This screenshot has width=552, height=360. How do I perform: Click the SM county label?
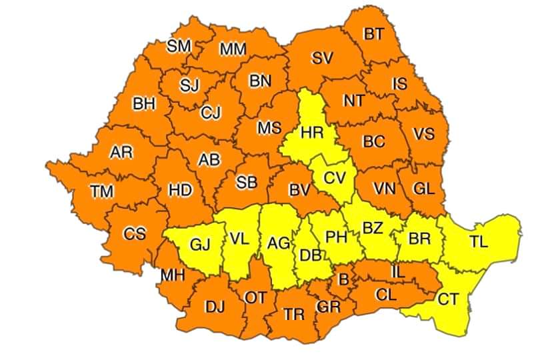click(179, 46)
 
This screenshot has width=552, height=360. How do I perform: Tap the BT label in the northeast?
click(373, 34)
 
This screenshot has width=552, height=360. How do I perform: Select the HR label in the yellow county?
click(311, 133)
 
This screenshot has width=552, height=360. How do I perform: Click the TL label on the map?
click(478, 242)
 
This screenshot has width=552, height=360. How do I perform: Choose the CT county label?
click(448, 299)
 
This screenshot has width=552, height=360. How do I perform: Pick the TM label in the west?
click(102, 192)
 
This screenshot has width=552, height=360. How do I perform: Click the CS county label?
click(135, 234)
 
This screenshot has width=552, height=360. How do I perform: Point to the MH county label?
click(172, 275)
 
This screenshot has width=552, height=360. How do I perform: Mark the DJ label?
click(214, 307)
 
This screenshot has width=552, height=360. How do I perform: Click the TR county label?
click(293, 315)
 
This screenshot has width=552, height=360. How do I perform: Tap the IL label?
click(397, 272)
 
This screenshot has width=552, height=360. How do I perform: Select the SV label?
click(322, 59)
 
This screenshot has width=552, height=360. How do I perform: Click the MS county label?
click(269, 128)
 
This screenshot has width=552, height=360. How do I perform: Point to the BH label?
click(143, 104)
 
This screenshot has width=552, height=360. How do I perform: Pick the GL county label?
click(423, 189)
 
